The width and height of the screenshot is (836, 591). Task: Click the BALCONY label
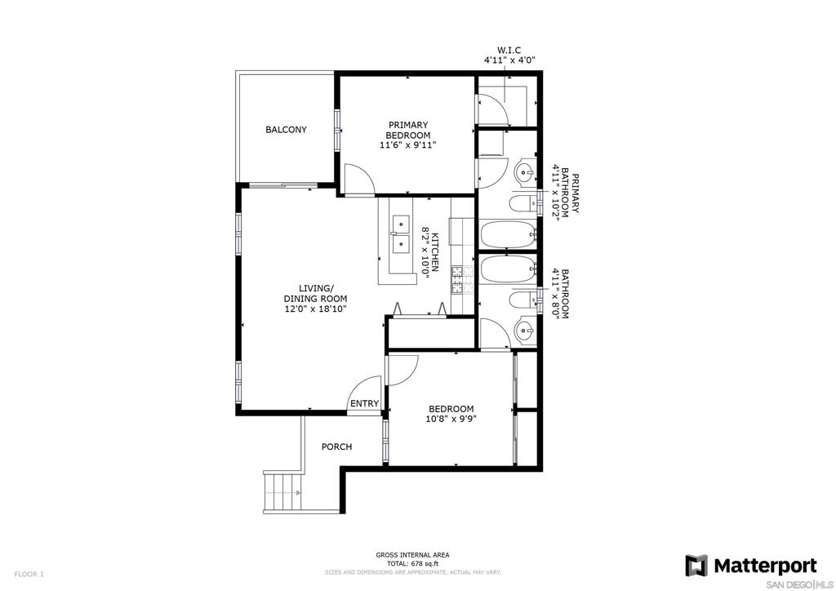click(x=286, y=130)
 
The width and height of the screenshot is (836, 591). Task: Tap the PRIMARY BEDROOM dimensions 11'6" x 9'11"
click(x=408, y=145)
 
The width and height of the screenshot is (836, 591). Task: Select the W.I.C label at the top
click(x=509, y=50)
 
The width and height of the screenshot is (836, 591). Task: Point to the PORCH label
click(x=336, y=447)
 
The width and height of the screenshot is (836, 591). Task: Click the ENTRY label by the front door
click(x=364, y=403)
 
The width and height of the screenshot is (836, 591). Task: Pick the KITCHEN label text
click(x=435, y=252)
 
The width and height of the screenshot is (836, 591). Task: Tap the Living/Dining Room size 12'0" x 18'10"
click(x=316, y=309)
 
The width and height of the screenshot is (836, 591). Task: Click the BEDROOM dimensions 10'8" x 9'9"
click(x=451, y=419)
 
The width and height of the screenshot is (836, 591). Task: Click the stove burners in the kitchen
click(x=463, y=280)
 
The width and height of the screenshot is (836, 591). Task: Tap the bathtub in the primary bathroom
click(x=508, y=234)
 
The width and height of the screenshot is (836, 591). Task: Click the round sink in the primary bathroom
click(x=525, y=172)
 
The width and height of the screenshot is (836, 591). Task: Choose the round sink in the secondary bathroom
click(x=525, y=331)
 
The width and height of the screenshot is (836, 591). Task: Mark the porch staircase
click(x=282, y=491)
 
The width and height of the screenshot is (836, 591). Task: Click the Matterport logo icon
click(x=696, y=566)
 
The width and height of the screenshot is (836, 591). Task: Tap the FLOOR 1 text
click(x=29, y=574)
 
